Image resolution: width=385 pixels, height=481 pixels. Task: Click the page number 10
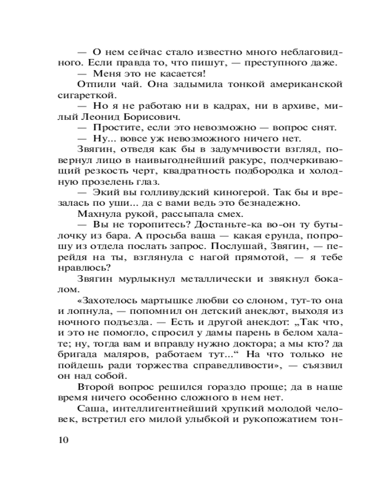click(x=63, y=440)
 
